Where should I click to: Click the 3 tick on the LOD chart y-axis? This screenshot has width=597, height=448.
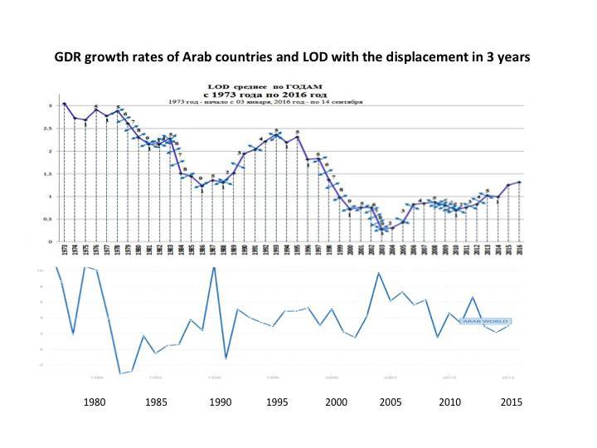click(x=49, y=105)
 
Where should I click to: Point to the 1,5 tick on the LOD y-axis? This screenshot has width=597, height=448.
click(x=47, y=174)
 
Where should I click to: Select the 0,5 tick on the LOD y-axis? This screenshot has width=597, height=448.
click(x=47, y=220)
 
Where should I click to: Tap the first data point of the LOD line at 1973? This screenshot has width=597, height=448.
click(x=64, y=104)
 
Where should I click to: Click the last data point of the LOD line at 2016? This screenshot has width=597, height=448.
click(x=519, y=182)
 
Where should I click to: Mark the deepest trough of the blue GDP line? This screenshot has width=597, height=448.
click(x=120, y=373)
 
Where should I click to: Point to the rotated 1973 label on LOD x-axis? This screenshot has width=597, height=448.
click(x=64, y=251)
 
